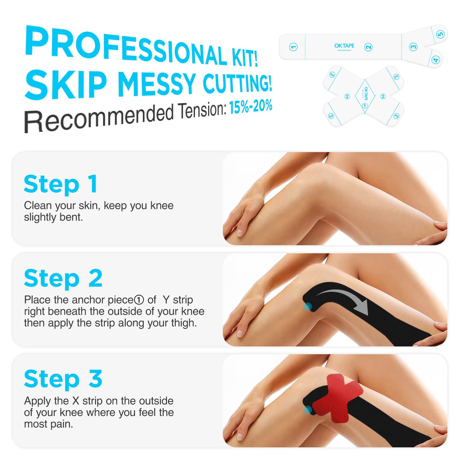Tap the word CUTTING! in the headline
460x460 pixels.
[237, 82]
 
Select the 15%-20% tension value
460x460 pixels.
[251, 106]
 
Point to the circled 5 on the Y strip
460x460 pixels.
[440, 34]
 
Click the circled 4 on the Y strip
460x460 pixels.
[436, 60]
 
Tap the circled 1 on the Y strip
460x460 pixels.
[293, 47]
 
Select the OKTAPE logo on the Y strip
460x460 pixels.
[344, 46]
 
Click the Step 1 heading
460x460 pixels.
[61, 184]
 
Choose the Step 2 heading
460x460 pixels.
[63, 278]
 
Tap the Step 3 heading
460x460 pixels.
[63, 379]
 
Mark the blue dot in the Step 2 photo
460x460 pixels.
[308, 307]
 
